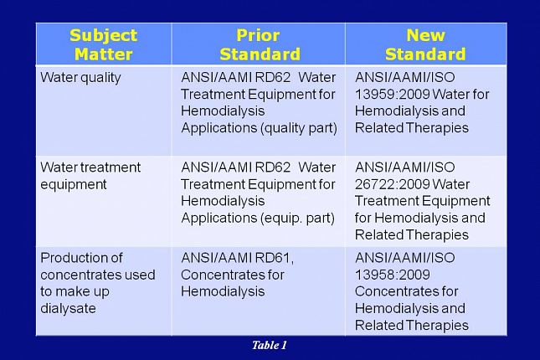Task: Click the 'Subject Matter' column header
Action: pyautogui.click(x=104, y=45)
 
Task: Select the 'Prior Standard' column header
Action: pyautogui.click(x=260, y=45)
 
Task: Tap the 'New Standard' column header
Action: pyautogui.click(x=424, y=45)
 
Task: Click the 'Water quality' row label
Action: pyautogui.click(x=81, y=77)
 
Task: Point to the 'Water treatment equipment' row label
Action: pyautogui.click(x=90, y=176)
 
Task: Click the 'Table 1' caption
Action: pyautogui.click(x=270, y=345)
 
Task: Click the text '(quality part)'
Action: pyautogui.click(x=301, y=128)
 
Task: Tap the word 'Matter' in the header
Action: pyautogui.click(x=104, y=54)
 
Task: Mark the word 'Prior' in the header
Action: pyautogui.click(x=260, y=36)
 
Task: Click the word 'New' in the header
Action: pyautogui.click(x=424, y=36)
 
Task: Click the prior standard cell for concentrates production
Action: pyautogui.click(x=258, y=291)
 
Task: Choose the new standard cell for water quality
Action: pyautogui.click(x=425, y=111)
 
